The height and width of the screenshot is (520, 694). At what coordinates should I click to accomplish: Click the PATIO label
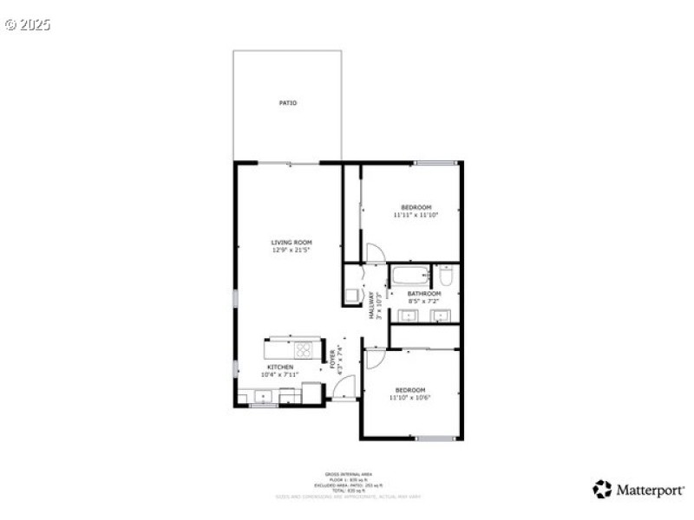288,103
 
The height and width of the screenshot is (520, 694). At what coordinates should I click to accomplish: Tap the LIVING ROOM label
291,242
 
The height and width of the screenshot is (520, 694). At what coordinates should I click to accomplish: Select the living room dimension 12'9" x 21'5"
291,250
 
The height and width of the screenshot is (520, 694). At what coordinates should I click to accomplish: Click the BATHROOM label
424,294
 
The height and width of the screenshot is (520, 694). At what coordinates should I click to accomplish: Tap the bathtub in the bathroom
409,276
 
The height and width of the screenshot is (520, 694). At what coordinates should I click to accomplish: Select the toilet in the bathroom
446,277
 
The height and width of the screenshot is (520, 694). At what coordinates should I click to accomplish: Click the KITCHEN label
280,367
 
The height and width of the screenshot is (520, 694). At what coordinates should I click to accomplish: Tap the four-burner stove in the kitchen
304,349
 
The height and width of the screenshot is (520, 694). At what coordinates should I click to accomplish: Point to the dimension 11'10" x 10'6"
410,398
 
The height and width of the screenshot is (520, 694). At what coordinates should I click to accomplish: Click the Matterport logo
638,490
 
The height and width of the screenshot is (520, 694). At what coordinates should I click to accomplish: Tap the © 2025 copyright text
28,24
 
